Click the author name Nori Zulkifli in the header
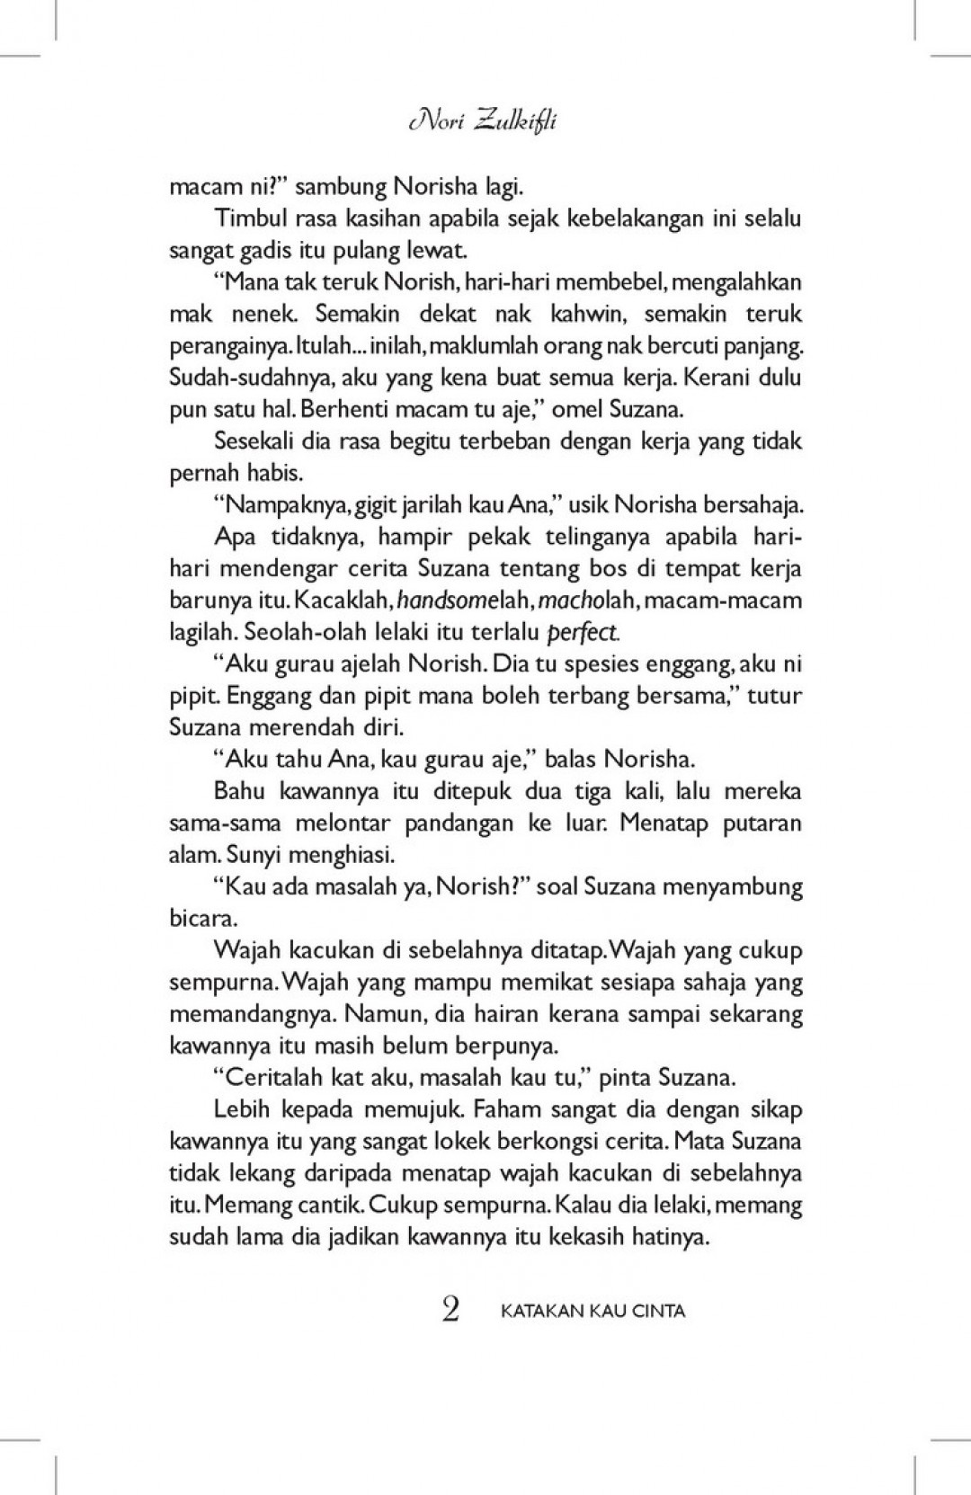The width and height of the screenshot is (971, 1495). coord(482,120)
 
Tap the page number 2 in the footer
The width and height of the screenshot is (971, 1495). coord(450,1310)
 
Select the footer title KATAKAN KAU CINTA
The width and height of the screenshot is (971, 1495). coord(592,1311)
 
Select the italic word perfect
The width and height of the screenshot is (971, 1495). coord(583,633)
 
